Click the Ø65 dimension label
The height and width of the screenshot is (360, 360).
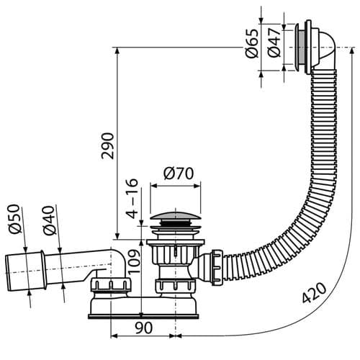pos(253,43)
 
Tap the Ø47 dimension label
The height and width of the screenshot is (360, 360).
pos(274,42)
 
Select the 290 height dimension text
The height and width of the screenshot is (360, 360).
pos(107,145)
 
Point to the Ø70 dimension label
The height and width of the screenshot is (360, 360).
pos(179,174)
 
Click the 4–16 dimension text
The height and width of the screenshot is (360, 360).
pos(132,199)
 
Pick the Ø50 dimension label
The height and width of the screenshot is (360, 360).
pos(14,219)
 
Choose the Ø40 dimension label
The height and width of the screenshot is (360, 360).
pos(50,220)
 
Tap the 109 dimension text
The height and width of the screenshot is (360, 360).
pos(134,261)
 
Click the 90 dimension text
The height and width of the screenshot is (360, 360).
pos(143,328)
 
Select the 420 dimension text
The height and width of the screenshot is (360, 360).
pos(314,292)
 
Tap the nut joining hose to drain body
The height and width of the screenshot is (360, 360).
pos(217,267)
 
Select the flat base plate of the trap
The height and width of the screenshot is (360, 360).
pos(143,316)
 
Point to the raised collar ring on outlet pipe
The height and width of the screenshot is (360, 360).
pos(42,270)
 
